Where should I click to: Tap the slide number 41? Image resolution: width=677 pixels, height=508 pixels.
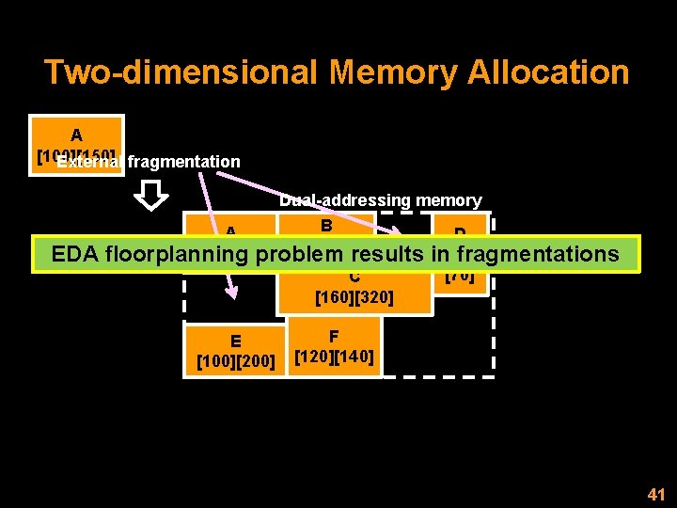(655, 493)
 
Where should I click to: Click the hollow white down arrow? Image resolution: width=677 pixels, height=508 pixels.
(150, 196)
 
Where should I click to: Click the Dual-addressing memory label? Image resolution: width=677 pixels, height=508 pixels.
(380, 200)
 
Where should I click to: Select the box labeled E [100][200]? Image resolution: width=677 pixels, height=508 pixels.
(235, 350)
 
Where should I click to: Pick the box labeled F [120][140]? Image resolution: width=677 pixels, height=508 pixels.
(334, 346)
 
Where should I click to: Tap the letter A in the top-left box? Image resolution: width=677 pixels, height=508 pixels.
(76, 135)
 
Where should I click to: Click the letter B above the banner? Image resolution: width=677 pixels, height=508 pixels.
(326, 226)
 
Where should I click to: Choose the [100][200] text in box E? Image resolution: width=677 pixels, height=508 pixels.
(235, 361)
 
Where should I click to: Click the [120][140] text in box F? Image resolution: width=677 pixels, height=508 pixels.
(334, 357)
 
